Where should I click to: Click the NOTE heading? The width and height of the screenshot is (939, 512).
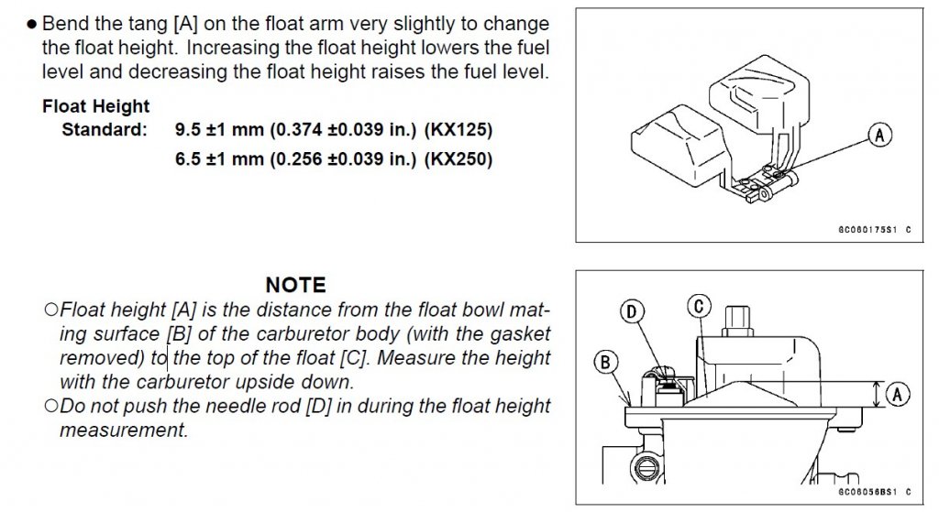pyautogui.click(x=296, y=285)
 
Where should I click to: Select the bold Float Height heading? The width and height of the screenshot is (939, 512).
pyautogui.click(x=95, y=106)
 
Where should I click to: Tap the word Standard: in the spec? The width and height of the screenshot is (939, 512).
pyautogui.click(x=105, y=130)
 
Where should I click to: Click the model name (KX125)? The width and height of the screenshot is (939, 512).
pyautogui.click(x=458, y=130)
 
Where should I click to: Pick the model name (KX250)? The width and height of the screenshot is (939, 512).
pyautogui.click(x=458, y=159)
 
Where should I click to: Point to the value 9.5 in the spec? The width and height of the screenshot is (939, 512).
pyautogui.click(x=187, y=130)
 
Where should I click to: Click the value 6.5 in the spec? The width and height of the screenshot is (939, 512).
pyautogui.click(x=187, y=159)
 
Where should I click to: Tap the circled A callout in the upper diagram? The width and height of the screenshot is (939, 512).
pyautogui.click(x=879, y=136)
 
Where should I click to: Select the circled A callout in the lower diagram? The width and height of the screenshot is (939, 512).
pyautogui.click(x=897, y=394)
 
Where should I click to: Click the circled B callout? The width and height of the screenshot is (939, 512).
pyautogui.click(x=605, y=363)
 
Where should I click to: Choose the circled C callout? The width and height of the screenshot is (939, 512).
pyautogui.click(x=699, y=306)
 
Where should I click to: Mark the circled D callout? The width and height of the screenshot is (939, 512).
pyautogui.click(x=631, y=311)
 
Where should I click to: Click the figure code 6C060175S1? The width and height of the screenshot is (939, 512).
pyautogui.click(x=867, y=230)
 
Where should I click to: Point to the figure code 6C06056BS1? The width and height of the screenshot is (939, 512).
pyautogui.click(x=867, y=492)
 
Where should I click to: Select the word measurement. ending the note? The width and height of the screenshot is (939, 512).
pyautogui.click(x=124, y=430)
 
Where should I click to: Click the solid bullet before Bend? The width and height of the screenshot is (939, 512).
pyautogui.click(x=32, y=25)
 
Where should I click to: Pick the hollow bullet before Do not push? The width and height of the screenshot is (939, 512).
pyautogui.click(x=51, y=406)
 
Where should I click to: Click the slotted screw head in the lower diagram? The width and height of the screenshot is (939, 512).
pyautogui.click(x=646, y=468)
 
